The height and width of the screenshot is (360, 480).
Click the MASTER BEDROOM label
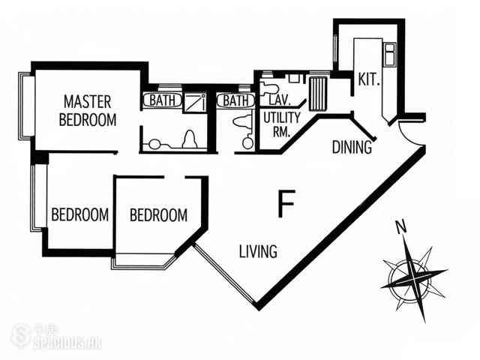pos(88,111)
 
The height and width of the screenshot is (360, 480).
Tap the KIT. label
pos(370,79)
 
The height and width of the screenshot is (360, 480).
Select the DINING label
pos(352,147)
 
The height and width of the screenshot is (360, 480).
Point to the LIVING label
pos(258,251)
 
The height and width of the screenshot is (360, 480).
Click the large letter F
pos(286,203)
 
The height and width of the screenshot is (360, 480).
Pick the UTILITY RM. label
pos(281,124)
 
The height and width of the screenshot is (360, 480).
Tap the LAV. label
pos(279,100)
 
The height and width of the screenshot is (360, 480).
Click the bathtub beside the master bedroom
pos(163,100)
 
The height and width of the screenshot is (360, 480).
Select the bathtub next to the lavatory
pos(235,100)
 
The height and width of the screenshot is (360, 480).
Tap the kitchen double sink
pos(390,55)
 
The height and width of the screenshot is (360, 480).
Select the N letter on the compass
pos(401,227)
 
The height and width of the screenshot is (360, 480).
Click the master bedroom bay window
pos(27,106)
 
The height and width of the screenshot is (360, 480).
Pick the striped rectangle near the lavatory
pos(318,94)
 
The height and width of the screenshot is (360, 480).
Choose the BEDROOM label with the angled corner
pos(158,215)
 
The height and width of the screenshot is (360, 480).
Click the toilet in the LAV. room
pos(268,88)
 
